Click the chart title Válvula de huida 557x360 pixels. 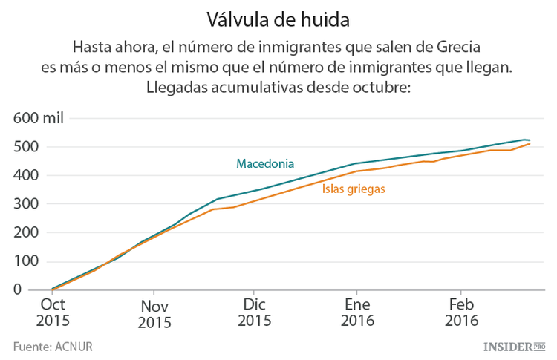point(278,16)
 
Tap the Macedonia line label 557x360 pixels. point(265,163)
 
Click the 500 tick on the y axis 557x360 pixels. point(26,147)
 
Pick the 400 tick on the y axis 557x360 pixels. point(26,176)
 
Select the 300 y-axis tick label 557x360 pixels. point(26,204)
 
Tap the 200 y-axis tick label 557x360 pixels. point(26,233)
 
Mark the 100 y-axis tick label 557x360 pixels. point(26,261)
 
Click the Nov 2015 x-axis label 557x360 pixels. point(154,313)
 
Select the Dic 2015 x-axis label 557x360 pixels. point(255,312)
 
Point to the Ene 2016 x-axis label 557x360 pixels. point(356,312)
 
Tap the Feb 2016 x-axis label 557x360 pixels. point(461,312)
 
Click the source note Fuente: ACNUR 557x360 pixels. point(52,346)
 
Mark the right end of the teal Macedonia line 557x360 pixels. point(529,140)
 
